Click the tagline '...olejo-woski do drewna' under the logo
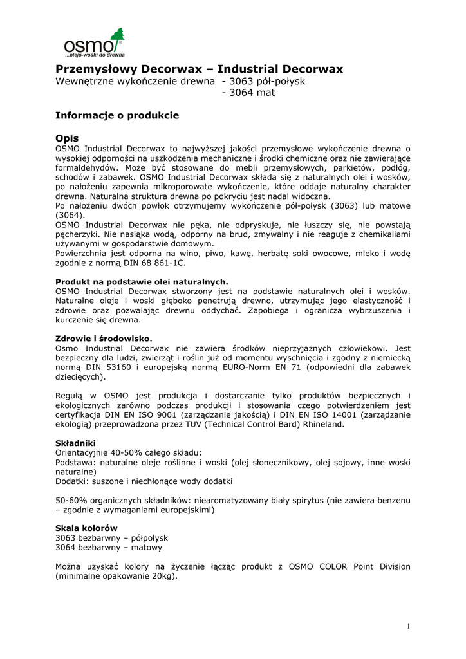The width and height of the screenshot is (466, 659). (95, 55)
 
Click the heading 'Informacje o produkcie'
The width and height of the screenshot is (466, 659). (117, 116)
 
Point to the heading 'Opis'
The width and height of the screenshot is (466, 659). (67, 138)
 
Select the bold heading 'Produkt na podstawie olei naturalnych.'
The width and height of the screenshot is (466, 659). (142, 282)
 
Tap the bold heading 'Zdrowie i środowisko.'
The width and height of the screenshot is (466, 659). (104, 339)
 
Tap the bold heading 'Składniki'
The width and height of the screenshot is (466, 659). (75, 443)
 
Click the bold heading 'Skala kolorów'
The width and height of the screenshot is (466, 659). (86, 528)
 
